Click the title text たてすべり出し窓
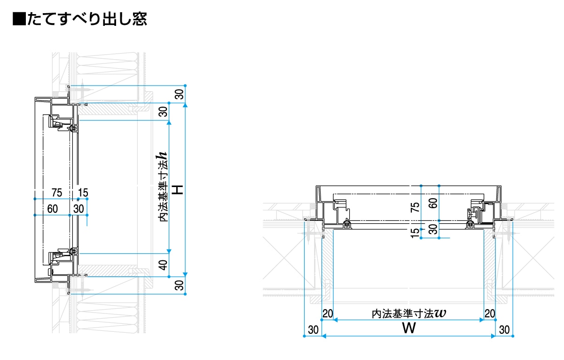coord(87,19)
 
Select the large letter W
coord(408,328)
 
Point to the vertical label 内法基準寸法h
coord(163,187)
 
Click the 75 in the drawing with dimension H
coord(57,192)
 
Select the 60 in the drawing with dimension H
coord(53,209)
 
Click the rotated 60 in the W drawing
coord(432,203)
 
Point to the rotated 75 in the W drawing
coord(415,207)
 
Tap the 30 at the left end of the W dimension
coord(313,330)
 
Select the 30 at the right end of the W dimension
coord(504,330)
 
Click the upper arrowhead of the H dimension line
coord(186,105)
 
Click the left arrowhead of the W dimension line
coord(324,336)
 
